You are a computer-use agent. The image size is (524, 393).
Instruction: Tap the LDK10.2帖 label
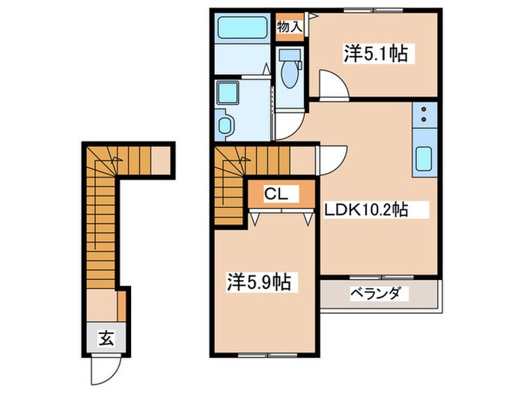pos(365,210)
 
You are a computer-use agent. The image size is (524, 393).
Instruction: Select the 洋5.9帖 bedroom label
pos(259,282)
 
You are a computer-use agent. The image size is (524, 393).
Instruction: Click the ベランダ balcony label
pos(379,293)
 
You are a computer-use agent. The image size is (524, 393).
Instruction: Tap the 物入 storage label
pos(290,27)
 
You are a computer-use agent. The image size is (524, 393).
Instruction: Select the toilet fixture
pos(288,72)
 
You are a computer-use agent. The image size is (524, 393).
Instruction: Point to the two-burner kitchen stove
pos(424,114)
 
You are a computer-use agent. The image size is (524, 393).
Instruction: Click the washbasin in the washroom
pos(224,124)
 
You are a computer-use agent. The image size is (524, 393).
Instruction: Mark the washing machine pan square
pos(225,94)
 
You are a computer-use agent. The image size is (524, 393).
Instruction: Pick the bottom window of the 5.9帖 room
pos(262,353)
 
